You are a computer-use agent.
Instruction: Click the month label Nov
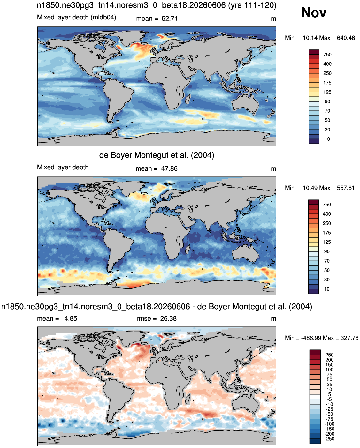[x=313, y=12]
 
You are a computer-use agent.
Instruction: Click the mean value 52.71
[x=170, y=19]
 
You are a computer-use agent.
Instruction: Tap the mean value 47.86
[x=169, y=168]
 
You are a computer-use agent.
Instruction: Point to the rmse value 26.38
[x=168, y=318]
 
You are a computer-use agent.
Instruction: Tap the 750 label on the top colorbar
[x=327, y=55]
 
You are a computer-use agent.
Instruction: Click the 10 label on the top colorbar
[x=327, y=139]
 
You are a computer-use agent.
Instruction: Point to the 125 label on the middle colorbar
[x=327, y=242]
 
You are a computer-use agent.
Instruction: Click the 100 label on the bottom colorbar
[x=329, y=370]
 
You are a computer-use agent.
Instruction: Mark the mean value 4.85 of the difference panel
[x=71, y=318]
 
